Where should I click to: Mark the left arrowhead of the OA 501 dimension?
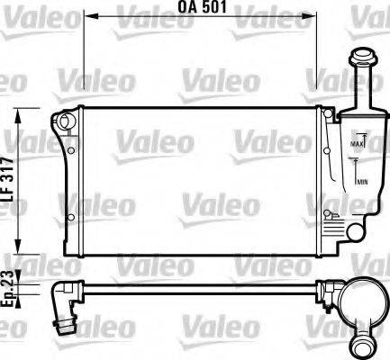click(x=91, y=19)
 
